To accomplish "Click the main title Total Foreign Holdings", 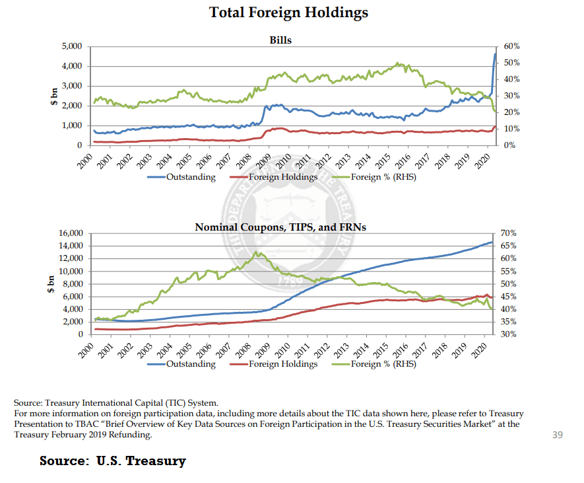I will tap(288, 13).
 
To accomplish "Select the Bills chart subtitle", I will tap(280, 40).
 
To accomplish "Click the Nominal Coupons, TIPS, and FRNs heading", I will tap(280, 227).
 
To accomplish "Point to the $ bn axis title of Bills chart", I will tap(55, 96).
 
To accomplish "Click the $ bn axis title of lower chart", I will tap(49, 284).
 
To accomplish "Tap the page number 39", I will tap(556, 434).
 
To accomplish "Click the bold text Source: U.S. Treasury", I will tap(113, 461).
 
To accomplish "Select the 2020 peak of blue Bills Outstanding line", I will tap(496, 54).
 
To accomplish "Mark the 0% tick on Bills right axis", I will tap(509, 145).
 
